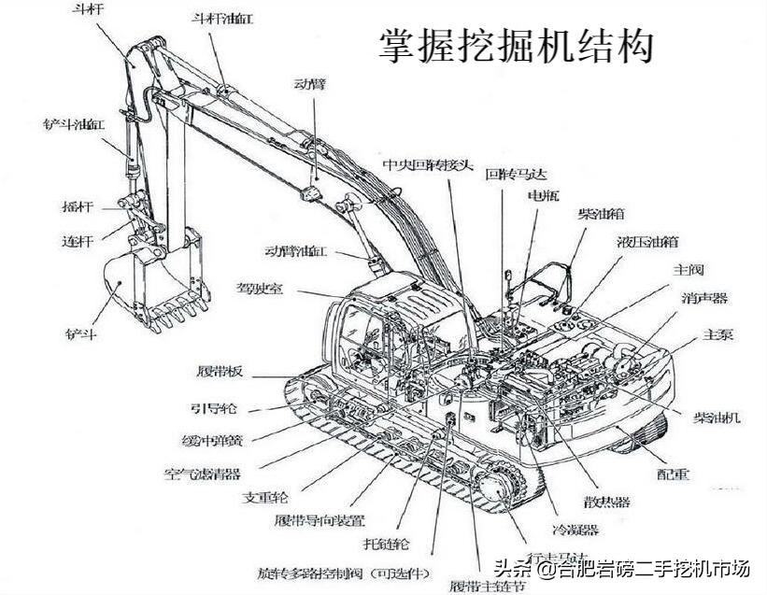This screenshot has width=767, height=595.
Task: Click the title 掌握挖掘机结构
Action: click(516, 45)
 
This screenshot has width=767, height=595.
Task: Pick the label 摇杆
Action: click(78, 205)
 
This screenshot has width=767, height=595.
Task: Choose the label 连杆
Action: click(78, 240)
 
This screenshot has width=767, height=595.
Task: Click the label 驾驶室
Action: click(259, 290)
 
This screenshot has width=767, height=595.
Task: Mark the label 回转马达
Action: click(515, 174)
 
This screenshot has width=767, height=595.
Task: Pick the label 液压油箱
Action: click(647, 241)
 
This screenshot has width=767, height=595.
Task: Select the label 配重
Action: click(672, 474)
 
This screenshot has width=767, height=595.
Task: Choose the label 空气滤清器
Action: click(203, 474)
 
